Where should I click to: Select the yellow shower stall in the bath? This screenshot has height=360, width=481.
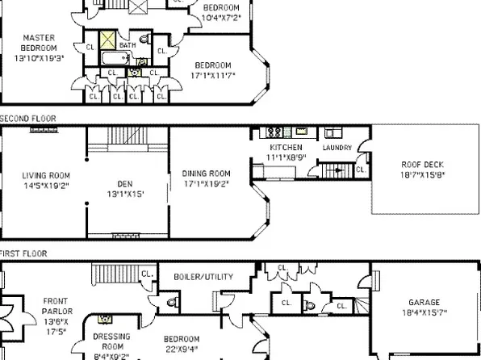107,40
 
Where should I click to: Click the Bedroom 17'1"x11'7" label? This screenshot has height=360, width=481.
212,65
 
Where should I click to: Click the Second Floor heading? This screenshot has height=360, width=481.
28,119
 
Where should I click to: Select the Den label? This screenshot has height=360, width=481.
125,183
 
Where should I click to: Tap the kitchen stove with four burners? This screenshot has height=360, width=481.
274,132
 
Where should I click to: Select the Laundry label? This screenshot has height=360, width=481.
336,148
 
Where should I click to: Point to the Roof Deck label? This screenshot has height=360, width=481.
422,165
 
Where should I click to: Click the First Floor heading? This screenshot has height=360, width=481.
23,253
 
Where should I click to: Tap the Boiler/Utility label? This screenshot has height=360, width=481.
203,277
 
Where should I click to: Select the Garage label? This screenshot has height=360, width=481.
425,303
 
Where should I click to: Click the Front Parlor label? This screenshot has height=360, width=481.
57,301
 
